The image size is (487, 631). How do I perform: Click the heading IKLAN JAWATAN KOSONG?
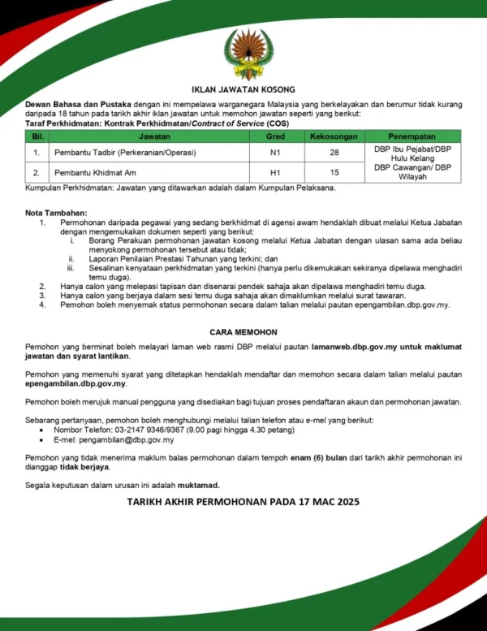click(243, 89)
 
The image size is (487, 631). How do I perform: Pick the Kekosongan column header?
click(334, 136)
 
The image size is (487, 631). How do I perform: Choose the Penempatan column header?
click(412, 136)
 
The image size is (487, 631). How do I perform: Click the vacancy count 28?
click(334, 153)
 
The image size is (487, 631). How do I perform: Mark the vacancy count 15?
click(334, 172)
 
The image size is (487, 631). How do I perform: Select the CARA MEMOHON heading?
click(243, 332)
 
